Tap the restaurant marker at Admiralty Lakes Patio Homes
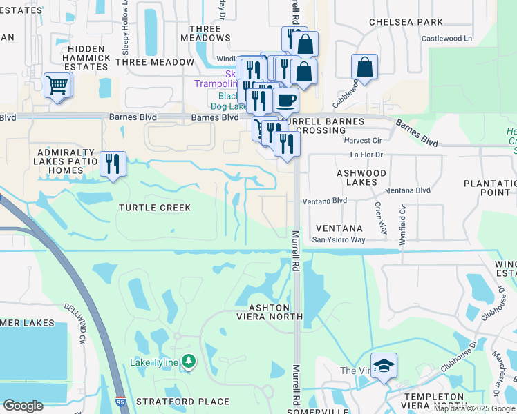coord(113,164)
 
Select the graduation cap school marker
coord(384,366)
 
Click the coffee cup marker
coord(285,100)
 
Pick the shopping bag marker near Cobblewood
coord(364,68)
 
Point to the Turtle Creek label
coord(154,208)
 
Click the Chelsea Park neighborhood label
coord(406,22)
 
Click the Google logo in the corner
coord(23,406)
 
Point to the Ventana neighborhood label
coord(339,228)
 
